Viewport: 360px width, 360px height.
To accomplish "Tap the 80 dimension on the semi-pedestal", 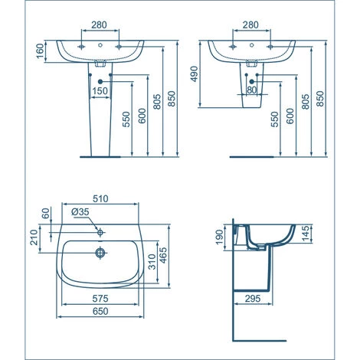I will click(252, 89).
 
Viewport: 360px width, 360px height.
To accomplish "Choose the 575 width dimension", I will click(100, 296).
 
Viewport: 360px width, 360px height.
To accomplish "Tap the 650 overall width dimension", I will click(100, 312).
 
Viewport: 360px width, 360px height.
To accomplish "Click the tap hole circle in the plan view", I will click(100, 230).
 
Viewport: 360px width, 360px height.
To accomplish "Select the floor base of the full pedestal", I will click(100, 155).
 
